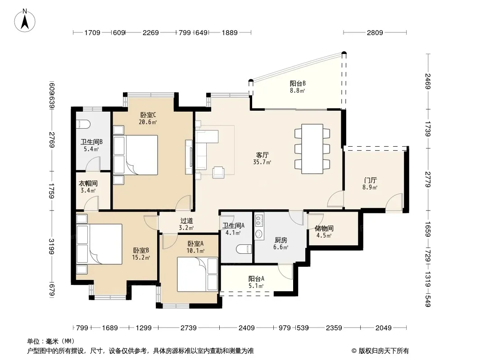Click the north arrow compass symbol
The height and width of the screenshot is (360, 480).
point(25,20)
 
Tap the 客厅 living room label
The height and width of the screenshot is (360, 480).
point(263,155)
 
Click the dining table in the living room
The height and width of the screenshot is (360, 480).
point(312,148)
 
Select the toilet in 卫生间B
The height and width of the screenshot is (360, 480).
point(83,124)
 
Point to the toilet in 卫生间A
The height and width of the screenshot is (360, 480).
point(244,249)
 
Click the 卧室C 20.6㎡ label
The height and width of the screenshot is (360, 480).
point(148,118)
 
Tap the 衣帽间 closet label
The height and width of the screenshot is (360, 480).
point(88,183)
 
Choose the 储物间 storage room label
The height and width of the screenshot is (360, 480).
point(324,228)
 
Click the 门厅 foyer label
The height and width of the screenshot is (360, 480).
point(371,180)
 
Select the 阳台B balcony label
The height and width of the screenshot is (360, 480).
point(298,83)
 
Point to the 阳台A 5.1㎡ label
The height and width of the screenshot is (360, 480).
point(256,282)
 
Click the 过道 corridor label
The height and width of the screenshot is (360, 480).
point(186,220)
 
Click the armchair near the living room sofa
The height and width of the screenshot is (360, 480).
point(218,172)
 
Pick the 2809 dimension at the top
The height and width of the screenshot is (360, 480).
point(375,32)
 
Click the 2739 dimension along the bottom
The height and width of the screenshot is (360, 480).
point(189,328)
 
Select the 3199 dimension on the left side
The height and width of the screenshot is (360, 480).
point(51,247)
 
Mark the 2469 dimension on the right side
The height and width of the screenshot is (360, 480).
point(428,81)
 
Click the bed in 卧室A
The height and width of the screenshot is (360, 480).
point(198,274)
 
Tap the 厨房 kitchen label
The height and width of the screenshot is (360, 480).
point(281,240)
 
